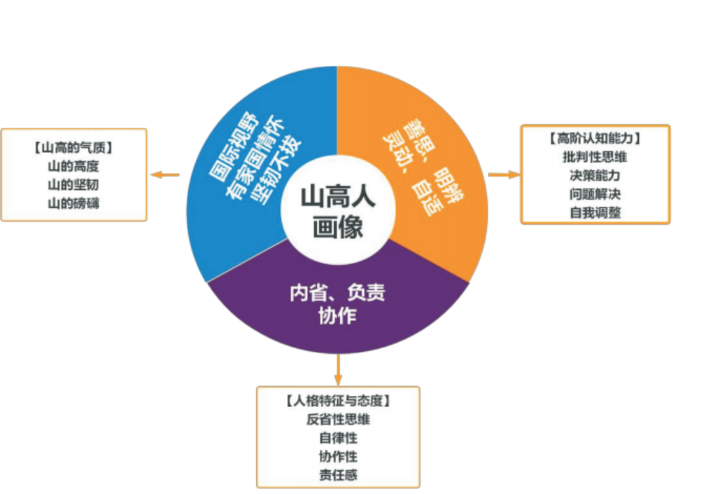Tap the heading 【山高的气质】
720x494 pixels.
point(73,148)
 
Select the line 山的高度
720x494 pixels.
point(73,167)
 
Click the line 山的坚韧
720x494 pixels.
point(73,185)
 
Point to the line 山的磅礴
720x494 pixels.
point(73,204)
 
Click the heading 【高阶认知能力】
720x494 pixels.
point(595,138)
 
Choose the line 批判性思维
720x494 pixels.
point(595,156)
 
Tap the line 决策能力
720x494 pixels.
point(595,175)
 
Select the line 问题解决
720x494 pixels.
point(595,193)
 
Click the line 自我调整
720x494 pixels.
point(595,212)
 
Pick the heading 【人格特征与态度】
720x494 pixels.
point(338,402)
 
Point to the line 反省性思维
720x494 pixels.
point(338,420)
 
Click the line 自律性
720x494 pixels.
point(338,439)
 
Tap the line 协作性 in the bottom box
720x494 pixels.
point(338,457)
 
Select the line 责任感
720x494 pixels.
point(338,476)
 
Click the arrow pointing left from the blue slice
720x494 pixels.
point(165,175)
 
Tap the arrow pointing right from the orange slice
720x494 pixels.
point(503,174)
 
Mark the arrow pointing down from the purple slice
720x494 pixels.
point(338,368)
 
